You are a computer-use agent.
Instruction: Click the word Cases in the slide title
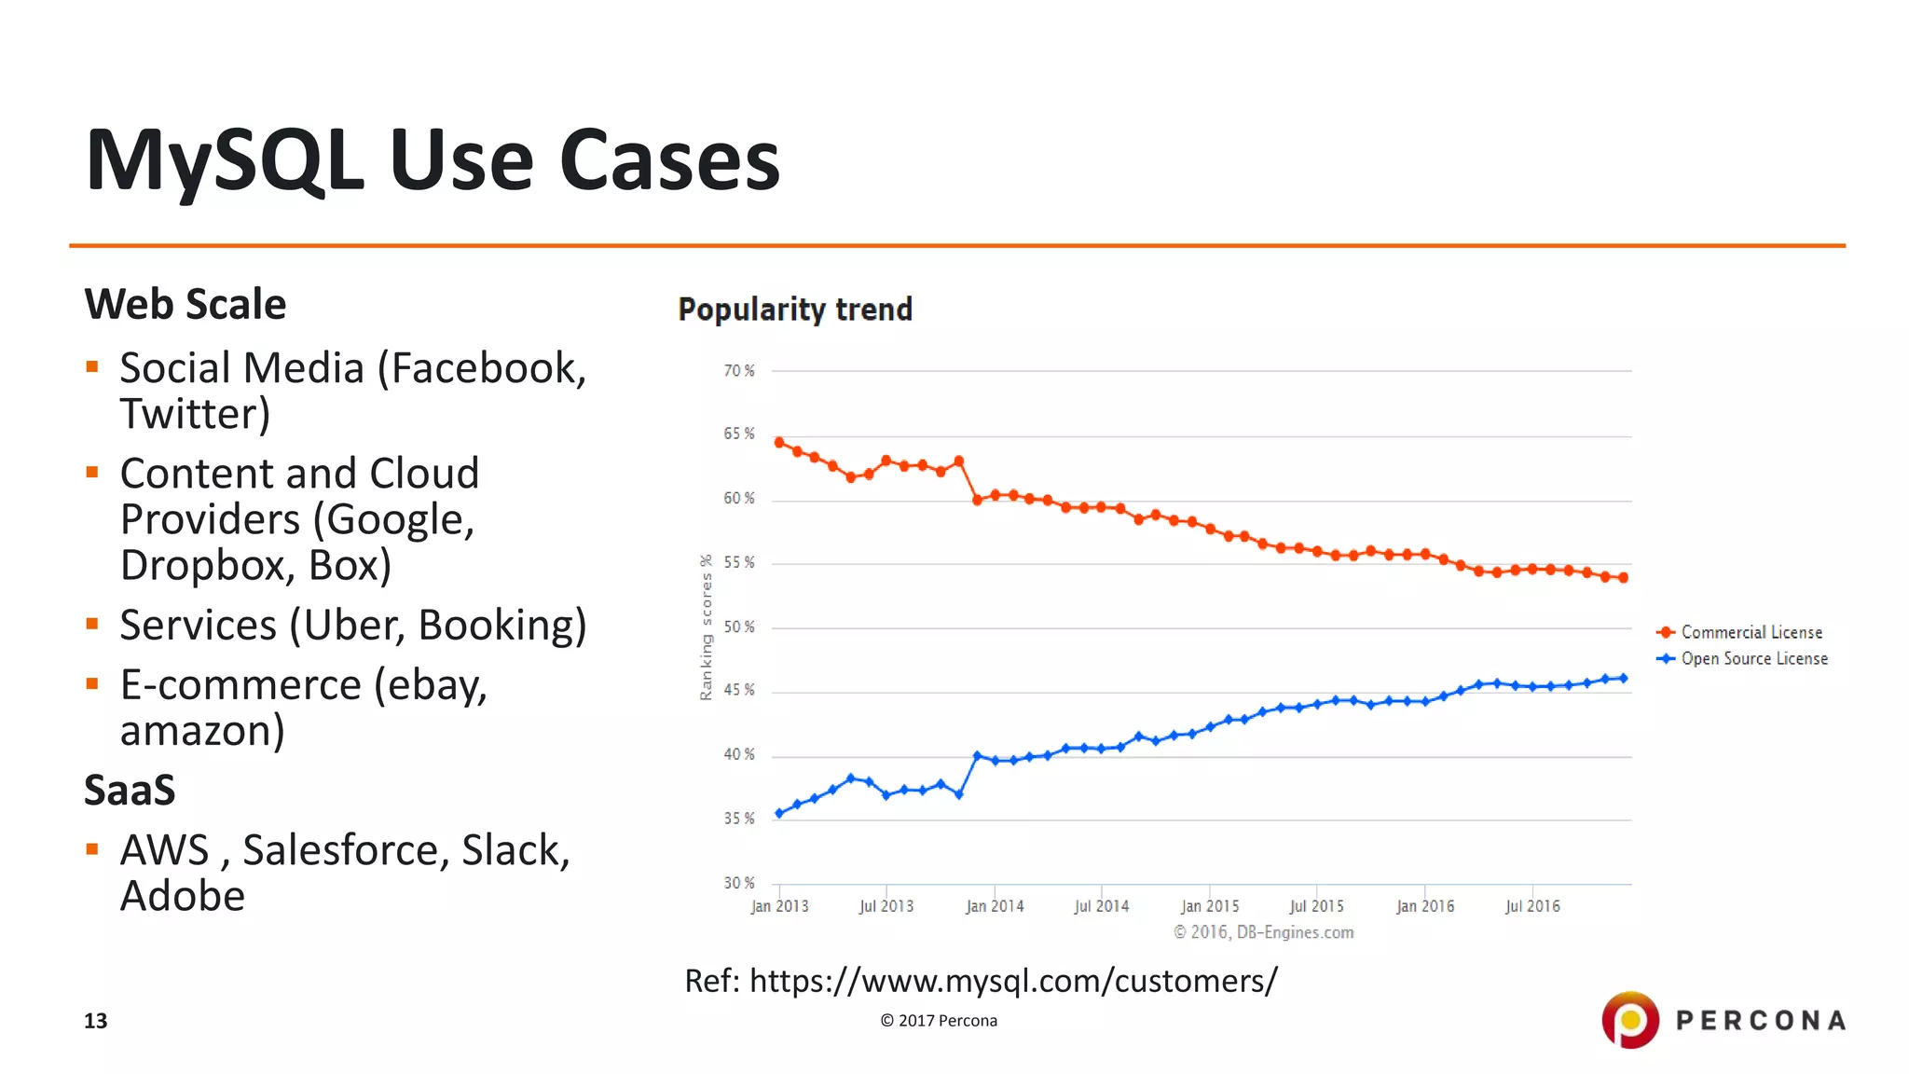[x=669, y=160]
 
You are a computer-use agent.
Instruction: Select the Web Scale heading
[x=185, y=305]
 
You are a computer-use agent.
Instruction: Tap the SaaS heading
[x=130, y=791]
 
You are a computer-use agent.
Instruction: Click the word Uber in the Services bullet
[x=354, y=625]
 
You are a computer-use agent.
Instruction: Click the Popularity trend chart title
[x=795, y=310]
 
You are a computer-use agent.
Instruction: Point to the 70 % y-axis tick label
[x=739, y=371]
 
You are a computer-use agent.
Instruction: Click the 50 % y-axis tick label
[x=739, y=626]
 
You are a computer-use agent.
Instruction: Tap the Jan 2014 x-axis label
[x=995, y=906]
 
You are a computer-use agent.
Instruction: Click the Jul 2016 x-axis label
[x=1532, y=906]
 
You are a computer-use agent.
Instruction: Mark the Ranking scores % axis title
[x=706, y=626]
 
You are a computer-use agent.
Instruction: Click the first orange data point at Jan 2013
[x=779, y=443]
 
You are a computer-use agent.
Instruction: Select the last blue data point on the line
[x=1623, y=678]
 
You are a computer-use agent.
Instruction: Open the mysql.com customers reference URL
[x=1013, y=981]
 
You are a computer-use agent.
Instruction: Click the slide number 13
[x=96, y=1021]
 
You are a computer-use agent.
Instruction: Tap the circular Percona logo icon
[x=1629, y=1020]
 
